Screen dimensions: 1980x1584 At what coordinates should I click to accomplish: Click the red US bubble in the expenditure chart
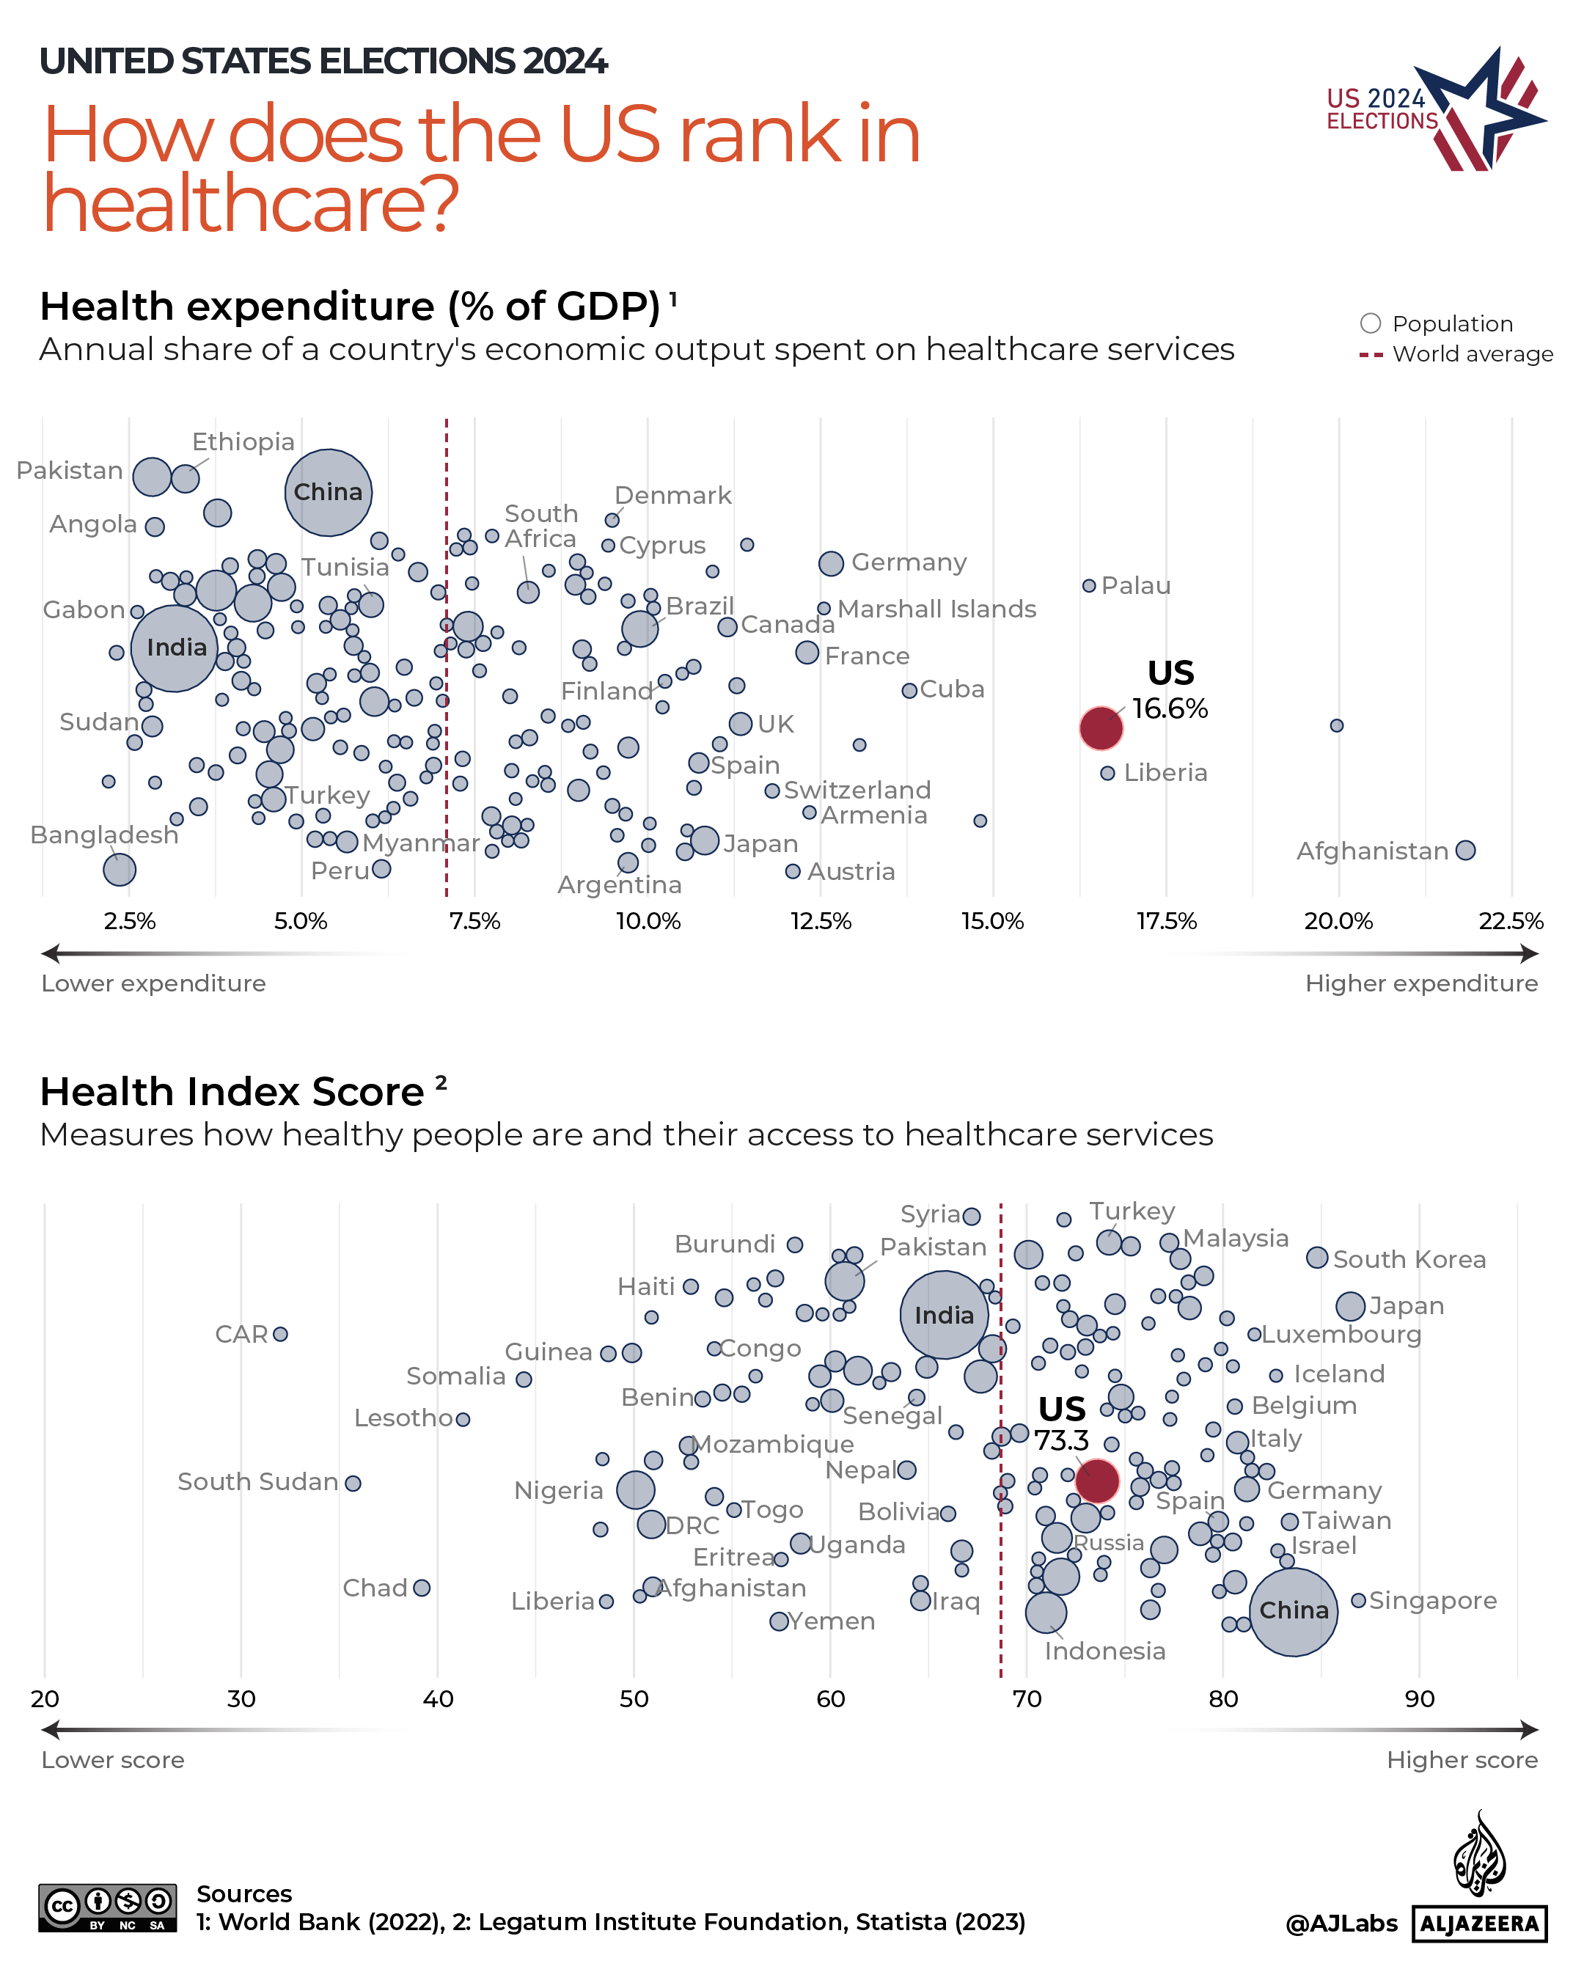click(1100, 728)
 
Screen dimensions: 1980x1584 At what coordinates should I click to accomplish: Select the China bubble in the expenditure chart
click(328, 492)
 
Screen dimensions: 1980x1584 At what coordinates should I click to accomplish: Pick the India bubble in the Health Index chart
click(943, 1314)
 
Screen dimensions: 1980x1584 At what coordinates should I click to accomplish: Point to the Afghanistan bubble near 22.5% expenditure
click(1464, 851)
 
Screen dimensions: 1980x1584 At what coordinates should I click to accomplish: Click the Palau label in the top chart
click(1135, 586)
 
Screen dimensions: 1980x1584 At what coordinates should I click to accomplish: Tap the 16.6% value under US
click(1169, 709)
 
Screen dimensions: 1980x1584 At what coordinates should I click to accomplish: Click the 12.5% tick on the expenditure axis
click(820, 921)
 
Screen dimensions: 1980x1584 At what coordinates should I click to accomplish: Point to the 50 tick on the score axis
click(634, 1698)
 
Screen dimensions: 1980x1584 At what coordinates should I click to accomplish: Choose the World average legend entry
click(1471, 354)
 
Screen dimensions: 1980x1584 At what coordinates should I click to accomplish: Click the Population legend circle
click(1369, 323)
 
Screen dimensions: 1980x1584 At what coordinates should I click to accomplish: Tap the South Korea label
click(1409, 1259)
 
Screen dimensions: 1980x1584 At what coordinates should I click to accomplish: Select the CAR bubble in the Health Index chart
click(280, 1333)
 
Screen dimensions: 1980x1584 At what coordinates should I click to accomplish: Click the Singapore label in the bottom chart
click(1431, 1600)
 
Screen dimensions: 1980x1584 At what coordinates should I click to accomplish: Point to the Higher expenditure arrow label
click(1420, 983)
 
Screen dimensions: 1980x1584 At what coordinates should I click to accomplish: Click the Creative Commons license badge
click(108, 1907)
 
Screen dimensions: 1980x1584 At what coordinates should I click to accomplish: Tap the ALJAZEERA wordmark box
click(1478, 1923)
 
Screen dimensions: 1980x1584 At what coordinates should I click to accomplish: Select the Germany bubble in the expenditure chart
click(830, 563)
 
